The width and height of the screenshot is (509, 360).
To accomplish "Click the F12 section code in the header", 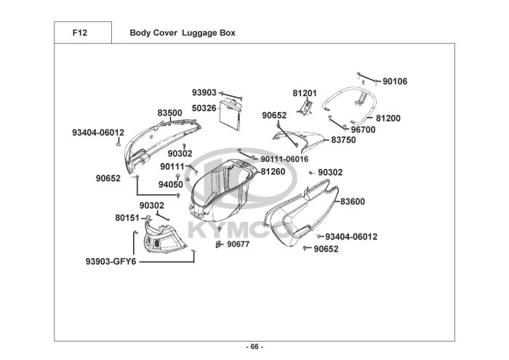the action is (80, 33).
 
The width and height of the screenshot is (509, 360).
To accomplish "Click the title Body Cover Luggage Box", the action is (183, 33).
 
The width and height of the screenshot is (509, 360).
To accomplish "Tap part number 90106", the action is (395, 81).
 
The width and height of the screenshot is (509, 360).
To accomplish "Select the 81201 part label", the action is (305, 93).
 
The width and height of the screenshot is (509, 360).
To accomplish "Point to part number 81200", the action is (388, 118).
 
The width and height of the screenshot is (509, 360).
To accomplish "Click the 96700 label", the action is (364, 129).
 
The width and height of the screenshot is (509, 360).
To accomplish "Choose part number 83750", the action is (343, 140).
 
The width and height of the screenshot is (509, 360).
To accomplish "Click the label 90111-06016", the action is (284, 159).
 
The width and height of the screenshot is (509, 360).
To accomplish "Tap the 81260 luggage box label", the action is (273, 172).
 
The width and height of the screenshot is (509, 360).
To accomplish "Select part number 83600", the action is (353, 201).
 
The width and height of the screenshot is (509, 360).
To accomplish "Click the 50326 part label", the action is (204, 108).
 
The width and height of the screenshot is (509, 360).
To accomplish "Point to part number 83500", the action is (169, 113).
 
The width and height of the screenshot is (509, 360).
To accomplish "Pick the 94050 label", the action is (171, 185).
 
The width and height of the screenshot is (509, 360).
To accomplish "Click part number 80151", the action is (127, 217).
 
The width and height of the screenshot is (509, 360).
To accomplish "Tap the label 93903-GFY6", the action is (111, 261).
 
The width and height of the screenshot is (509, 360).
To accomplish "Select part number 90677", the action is (239, 244).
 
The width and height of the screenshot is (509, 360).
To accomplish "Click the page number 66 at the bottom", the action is (254, 347).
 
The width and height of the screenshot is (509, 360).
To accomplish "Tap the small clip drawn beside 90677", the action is (219, 244).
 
